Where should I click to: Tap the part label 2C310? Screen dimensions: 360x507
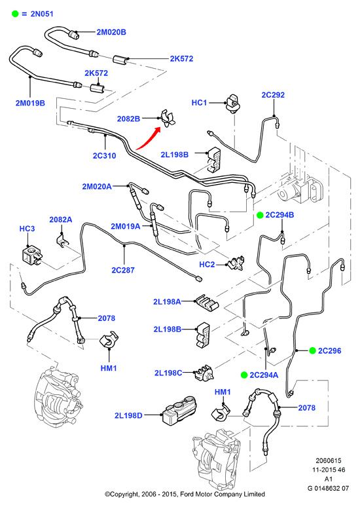104,155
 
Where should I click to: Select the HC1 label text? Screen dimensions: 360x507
199,102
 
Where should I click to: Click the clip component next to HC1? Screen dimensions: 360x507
232,103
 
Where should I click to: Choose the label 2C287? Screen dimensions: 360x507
123,270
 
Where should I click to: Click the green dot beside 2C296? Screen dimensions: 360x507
312,350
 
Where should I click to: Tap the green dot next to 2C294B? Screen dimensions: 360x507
260,215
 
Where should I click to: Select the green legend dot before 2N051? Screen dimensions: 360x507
15,14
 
